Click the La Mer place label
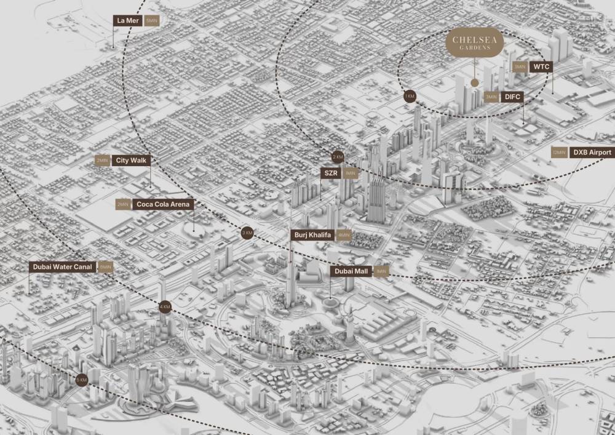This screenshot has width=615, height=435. [x=128, y=20]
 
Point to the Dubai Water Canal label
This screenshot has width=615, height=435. [x=63, y=267]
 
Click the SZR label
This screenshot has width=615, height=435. [x=331, y=174]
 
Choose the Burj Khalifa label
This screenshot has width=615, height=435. [x=312, y=234]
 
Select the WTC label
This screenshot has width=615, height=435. [x=541, y=66]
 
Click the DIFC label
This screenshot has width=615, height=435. [x=512, y=97]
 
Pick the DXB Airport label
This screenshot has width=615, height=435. [x=592, y=153]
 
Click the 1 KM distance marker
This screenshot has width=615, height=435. [x=410, y=97]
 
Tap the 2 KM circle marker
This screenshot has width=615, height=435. [x=338, y=156]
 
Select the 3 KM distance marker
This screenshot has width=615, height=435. [x=247, y=233]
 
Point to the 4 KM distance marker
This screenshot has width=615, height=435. [x=165, y=306]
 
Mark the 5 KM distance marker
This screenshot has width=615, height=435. [x=81, y=380]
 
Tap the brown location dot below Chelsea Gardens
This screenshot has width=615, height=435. [x=474, y=82]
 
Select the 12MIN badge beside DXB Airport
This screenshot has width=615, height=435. [x=559, y=153]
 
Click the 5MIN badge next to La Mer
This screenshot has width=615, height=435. [x=151, y=20]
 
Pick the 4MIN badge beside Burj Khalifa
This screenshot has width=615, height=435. [x=344, y=234]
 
